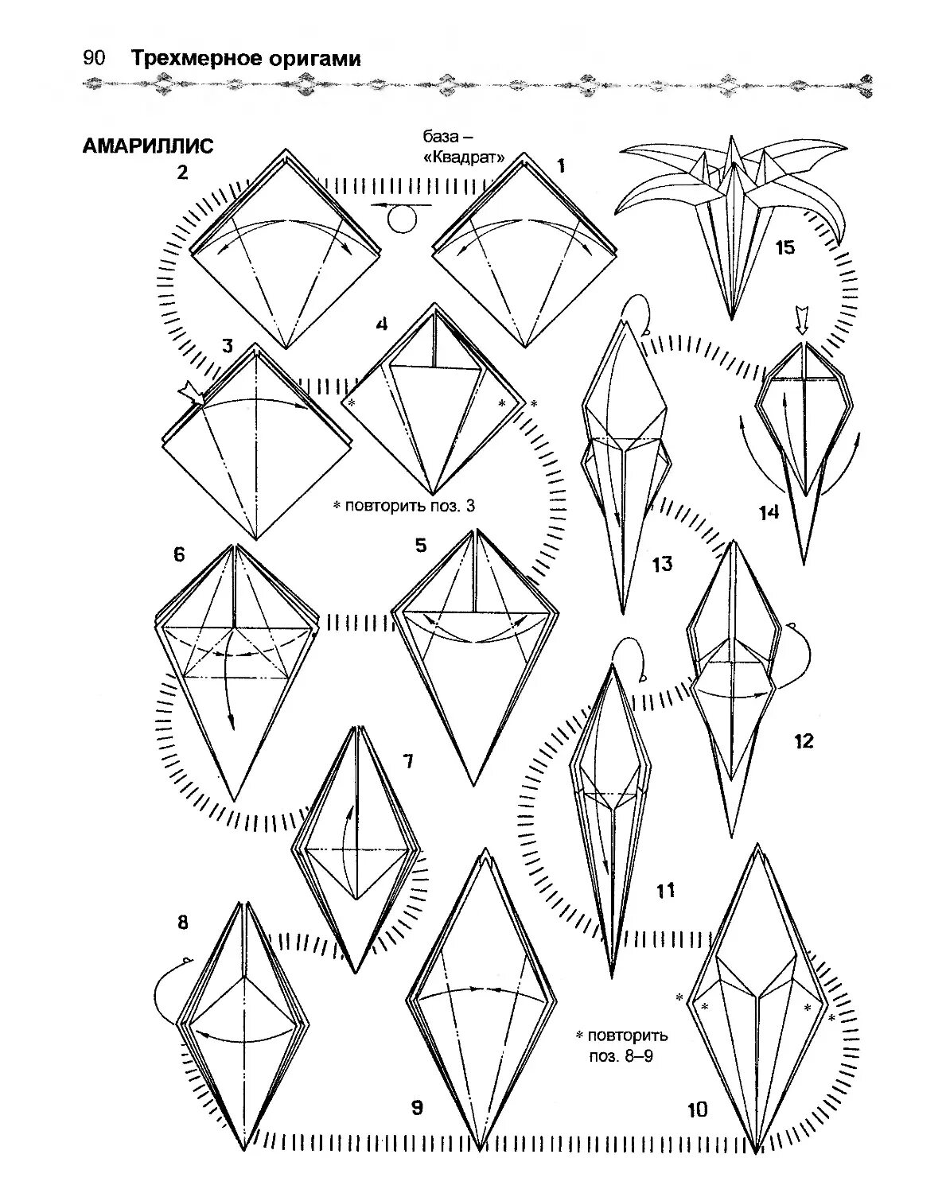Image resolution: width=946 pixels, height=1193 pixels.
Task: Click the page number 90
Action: pos(94,59)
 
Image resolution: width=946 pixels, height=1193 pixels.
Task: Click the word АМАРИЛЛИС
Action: pos(147,146)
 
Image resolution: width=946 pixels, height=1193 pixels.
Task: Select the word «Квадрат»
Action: pos(465,157)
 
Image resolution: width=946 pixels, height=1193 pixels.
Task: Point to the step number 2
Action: pos(183,172)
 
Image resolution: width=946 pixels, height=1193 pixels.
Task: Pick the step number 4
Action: pos(382,324)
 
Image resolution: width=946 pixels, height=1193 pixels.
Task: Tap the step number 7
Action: pos(408,762)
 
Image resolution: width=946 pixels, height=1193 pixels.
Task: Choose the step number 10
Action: pos(697,1109)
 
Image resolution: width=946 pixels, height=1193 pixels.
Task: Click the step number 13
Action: pos(662,564)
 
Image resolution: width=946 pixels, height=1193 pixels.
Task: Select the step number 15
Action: pos(784,247)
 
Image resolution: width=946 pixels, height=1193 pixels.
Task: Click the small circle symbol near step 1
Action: pos(403,219)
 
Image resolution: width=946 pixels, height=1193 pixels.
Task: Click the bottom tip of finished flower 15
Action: pos(731,318)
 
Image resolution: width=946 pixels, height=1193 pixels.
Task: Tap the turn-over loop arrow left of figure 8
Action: pos(164,990)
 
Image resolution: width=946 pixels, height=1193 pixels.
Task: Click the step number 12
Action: pos(804,741)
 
